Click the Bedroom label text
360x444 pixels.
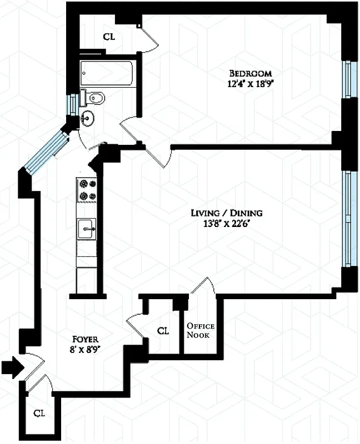pyautogui.click(x=251, y=74)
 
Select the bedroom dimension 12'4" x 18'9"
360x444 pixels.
pyautogui.click(x=251, y=84)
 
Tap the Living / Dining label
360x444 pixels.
pyautogui.click(x=227, y=213)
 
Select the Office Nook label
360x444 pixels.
pyautogui.click(x=200, y=330)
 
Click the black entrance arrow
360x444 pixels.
pyautogui.click(x=12, y=366)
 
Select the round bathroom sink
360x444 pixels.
pyautogui.click(x=87, y=118)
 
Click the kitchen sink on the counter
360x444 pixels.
pyautogui.click(x=87, y=226)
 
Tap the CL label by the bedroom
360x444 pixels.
pyautogui.click(x=108, y=37)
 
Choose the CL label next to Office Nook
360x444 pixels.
pyautogui.click(x=163, y=331)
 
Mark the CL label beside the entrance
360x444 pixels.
pyautogui.click(x=38, y=413)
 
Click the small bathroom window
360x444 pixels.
pyautogui.click(x=71, y=104)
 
